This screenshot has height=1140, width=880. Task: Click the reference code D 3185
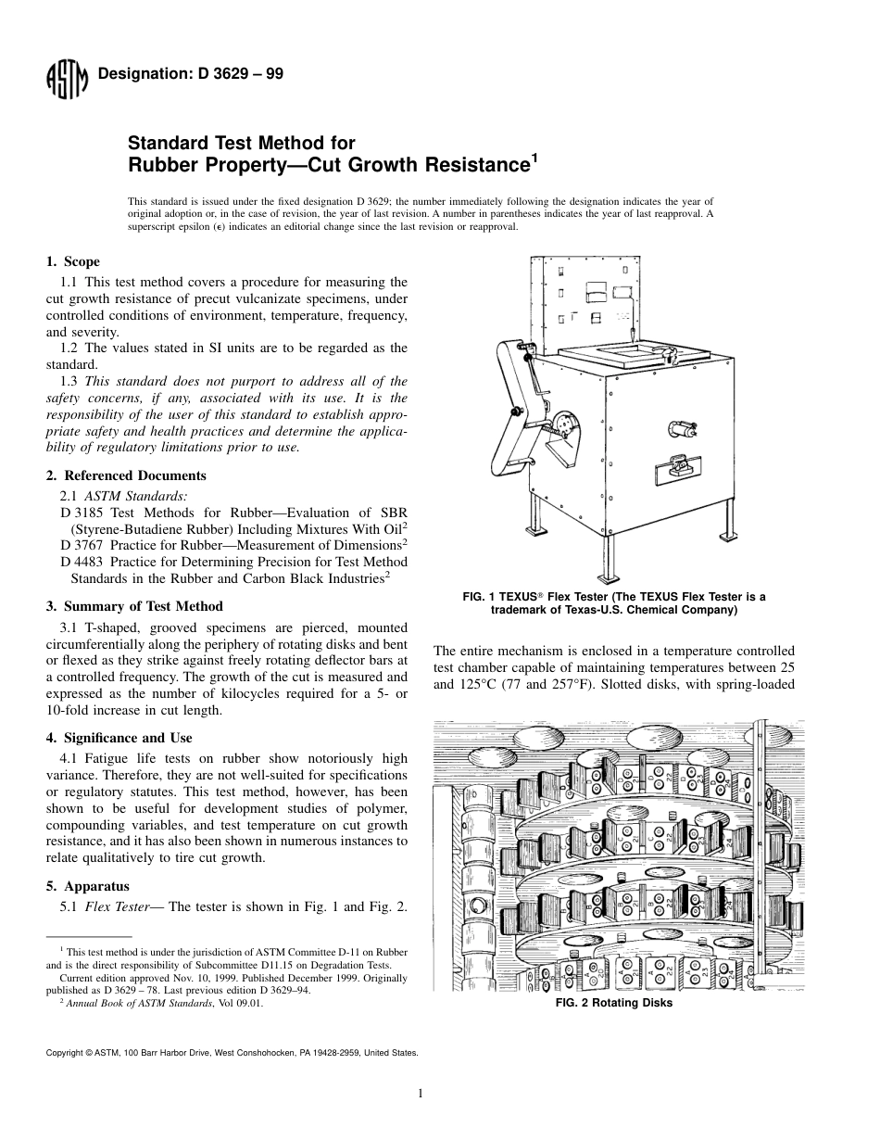[82, 512]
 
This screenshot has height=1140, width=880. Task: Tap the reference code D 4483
[82, 562]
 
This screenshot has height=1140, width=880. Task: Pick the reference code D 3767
[82, 545]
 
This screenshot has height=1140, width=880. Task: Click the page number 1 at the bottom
[421, 1094]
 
